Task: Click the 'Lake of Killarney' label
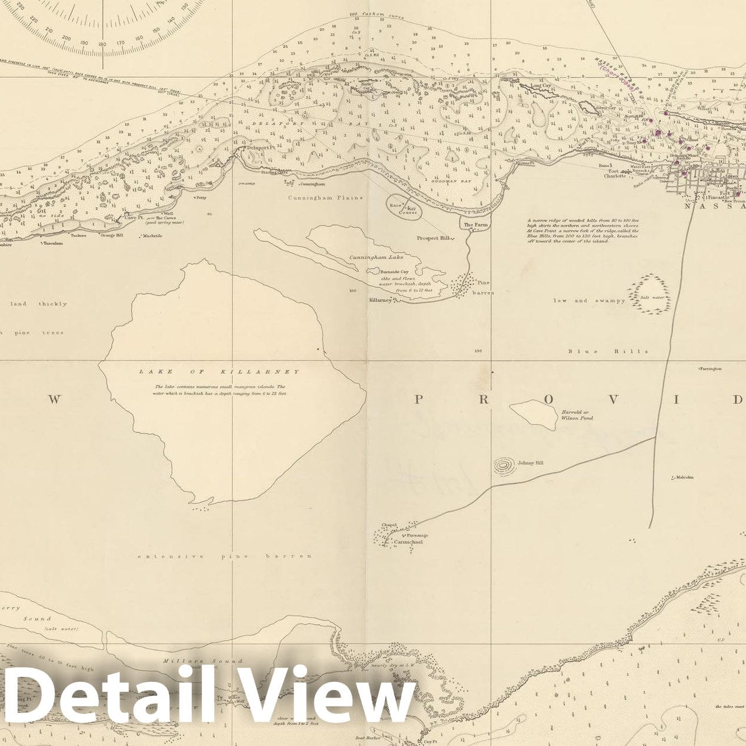click(219, 372)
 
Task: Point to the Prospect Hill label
click(433, 238)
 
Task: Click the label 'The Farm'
click(476, 225)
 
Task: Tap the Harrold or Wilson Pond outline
click(533, 414)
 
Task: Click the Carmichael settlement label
click(408, 541)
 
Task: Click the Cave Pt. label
click(134, 218)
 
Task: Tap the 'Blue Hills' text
click(608, 352)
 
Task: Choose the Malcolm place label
click(684, 477)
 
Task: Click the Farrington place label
click(710, 369)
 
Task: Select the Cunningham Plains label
click(325, 198)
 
